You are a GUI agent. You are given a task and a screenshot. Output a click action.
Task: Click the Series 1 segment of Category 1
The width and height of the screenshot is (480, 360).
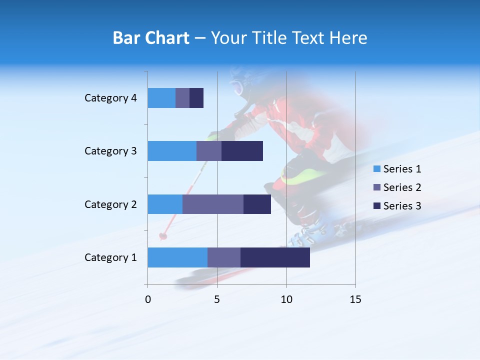click(177, 257)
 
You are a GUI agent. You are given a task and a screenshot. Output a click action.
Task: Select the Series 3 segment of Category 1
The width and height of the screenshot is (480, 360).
click(275, 257)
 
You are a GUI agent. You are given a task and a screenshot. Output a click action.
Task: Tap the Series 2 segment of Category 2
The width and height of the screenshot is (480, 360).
click(213, 204)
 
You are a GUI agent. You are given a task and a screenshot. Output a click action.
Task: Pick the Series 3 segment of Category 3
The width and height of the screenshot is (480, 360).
click(242, 151)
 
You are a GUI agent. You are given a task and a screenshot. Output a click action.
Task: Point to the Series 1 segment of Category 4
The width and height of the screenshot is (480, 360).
click(161, 98)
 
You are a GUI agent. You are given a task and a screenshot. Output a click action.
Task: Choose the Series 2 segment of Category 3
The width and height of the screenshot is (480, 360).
click(209, 151)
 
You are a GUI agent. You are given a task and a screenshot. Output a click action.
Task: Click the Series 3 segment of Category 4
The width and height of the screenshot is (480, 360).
click(196, 98)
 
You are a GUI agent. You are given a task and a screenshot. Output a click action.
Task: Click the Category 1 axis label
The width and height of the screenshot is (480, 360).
click(110, 257)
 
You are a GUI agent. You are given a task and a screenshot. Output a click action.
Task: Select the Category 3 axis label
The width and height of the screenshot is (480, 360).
click(110, 151)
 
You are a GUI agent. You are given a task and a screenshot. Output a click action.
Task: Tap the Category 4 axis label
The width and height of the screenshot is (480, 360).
click(110, 98)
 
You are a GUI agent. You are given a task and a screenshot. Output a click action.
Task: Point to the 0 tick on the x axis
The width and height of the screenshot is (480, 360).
click(148, 299)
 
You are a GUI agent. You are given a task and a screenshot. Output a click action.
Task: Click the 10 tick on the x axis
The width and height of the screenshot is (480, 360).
click(286, 299)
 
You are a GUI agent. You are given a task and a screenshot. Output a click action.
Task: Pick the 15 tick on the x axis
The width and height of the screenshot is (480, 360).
click(355, 299)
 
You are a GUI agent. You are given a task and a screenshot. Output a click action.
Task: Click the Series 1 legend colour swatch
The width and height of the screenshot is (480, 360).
click(376, 169)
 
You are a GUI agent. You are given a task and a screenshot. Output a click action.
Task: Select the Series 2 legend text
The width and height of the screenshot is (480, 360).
click(402, 187)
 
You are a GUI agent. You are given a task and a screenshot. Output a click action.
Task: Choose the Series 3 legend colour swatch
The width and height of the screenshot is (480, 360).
click(376, 206)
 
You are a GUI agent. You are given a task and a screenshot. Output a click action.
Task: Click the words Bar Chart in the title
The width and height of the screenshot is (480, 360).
click(150, 38)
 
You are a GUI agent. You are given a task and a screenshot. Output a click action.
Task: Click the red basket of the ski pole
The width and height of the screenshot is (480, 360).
click(163, 235)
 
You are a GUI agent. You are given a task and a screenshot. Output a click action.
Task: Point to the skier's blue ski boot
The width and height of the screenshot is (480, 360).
click(312, 232)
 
